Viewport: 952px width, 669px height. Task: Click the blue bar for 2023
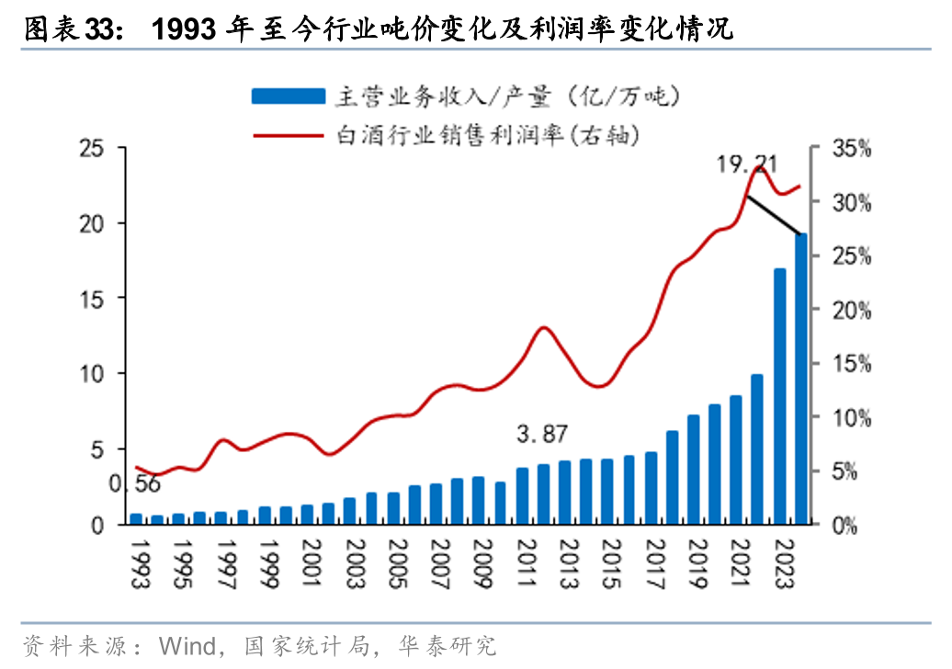coord(780,397)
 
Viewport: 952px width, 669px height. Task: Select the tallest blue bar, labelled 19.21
coord(801,380)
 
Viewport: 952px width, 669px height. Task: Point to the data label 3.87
coord(542,434)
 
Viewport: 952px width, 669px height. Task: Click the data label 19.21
coord(748,165)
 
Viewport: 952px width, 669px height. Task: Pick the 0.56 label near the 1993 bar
coord(136,485)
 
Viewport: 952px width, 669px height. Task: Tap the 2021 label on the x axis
coord(736,559)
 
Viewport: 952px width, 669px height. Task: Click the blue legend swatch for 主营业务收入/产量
coord(288,96)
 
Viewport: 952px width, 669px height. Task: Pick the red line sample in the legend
coord(288,134)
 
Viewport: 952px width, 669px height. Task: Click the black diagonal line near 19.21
coord(774,217)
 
